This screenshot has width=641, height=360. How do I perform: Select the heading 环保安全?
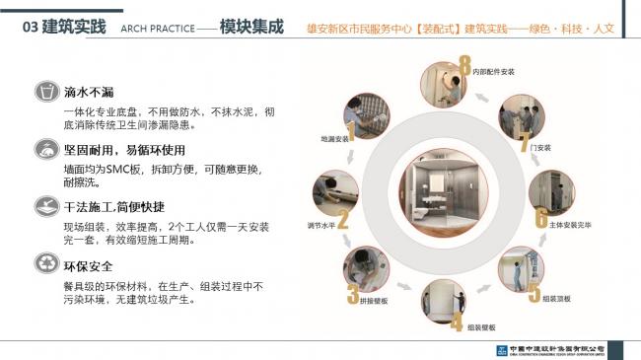[89, 265]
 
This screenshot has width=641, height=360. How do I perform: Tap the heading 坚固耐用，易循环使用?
[124, 150]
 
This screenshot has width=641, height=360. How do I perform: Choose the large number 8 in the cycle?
[463, 68]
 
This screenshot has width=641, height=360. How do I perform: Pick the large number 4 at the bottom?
[457, 322]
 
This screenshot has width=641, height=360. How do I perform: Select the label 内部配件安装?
[495, 72]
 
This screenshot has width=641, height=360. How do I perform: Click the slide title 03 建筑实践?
[62, 26]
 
